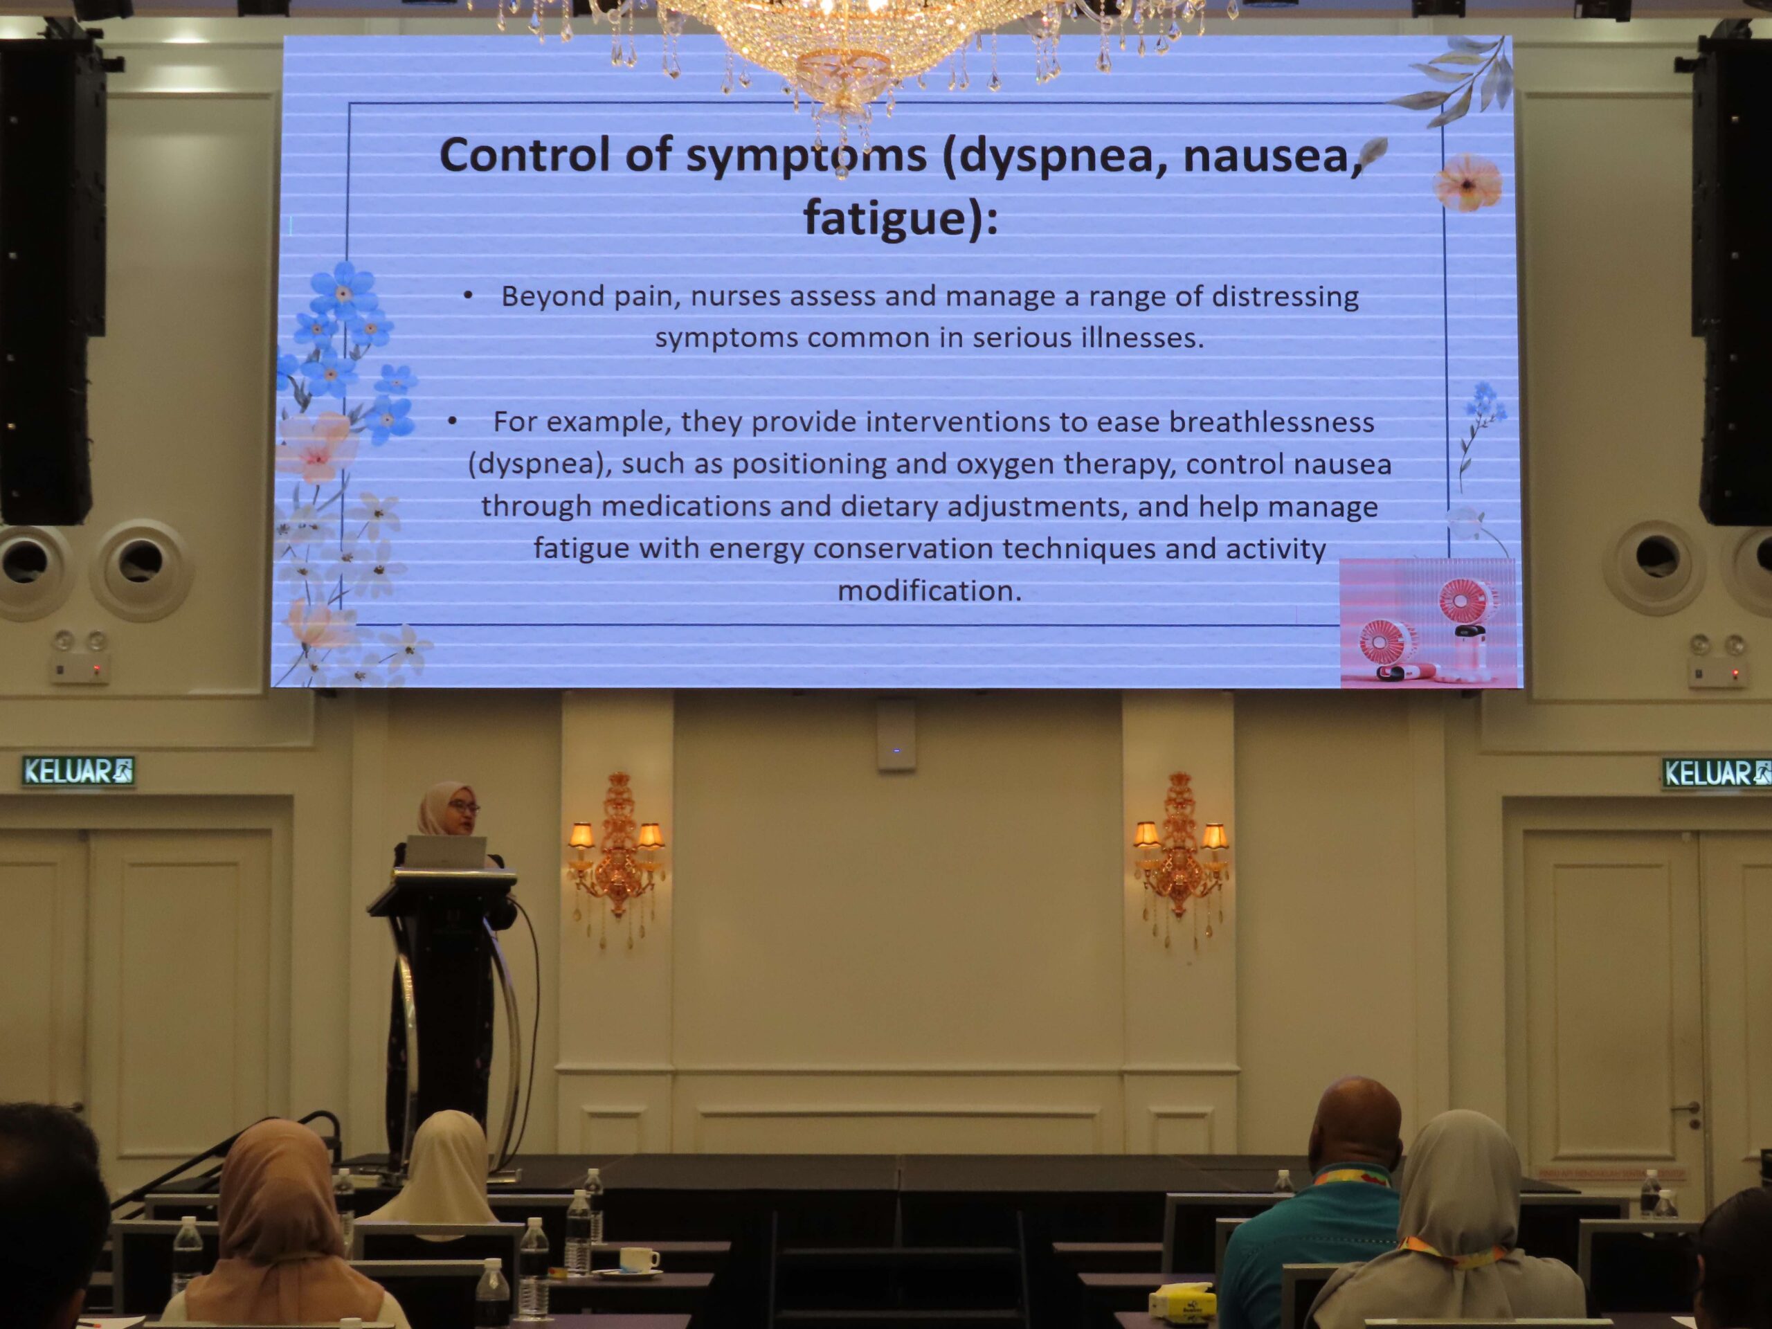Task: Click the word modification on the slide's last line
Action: click(929, 591)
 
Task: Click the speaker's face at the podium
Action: click(462, 811)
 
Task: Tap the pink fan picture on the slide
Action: click(1427, 622)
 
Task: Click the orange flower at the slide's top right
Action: click(1467, 183)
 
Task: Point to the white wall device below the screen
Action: click(896, 734)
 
